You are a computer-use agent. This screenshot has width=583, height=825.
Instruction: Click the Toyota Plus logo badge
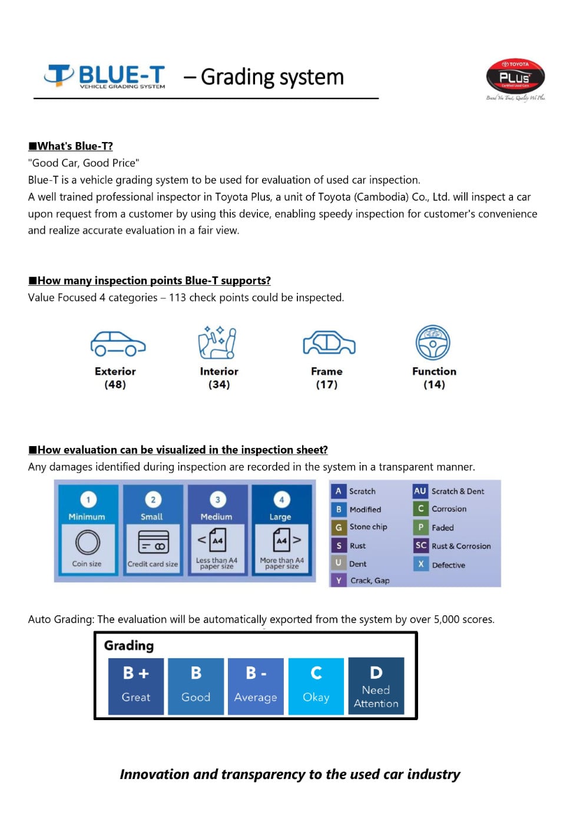(515, 77)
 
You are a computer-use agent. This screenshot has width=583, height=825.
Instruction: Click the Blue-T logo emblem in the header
(59, 75)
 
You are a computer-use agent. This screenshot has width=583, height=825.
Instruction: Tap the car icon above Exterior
(118, 344)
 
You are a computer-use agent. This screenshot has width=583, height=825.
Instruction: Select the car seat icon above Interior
(217, 342)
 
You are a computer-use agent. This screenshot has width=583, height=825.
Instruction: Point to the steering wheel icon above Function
(433, 342)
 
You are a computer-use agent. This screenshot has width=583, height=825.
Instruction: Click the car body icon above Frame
(329, 343)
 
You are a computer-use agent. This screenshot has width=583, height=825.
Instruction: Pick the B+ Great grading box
(136, 685)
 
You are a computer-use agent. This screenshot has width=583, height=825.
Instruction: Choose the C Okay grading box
(316, 685)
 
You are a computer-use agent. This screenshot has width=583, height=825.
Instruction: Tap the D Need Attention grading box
(376, 685)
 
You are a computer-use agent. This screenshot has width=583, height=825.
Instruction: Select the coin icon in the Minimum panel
(87, 542)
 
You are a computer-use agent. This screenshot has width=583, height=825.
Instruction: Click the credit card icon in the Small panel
(153, 542)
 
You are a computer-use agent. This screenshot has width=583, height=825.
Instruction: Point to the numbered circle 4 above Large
(281, 500)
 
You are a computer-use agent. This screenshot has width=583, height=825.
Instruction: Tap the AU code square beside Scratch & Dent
(420, 491)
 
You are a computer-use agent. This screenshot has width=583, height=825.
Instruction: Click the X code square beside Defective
(420, 564)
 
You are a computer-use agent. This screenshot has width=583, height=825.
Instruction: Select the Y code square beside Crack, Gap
(339, 580)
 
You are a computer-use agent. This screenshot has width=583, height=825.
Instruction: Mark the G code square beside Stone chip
(339, 527)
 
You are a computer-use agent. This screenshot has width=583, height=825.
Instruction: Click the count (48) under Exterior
(115, 385)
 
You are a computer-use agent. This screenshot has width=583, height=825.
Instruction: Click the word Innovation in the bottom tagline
(155, 774)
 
